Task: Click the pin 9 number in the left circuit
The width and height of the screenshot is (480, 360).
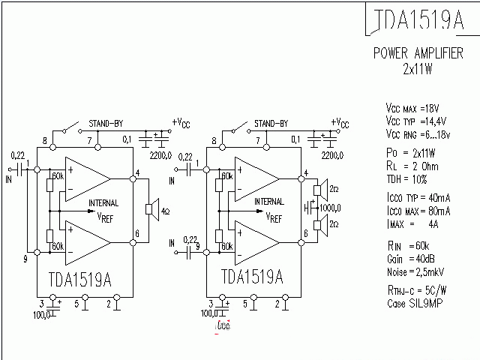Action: [26, 259]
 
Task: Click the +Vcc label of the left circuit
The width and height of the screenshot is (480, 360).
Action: [181, 122]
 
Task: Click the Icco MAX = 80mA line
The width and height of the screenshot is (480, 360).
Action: [417, 213]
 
